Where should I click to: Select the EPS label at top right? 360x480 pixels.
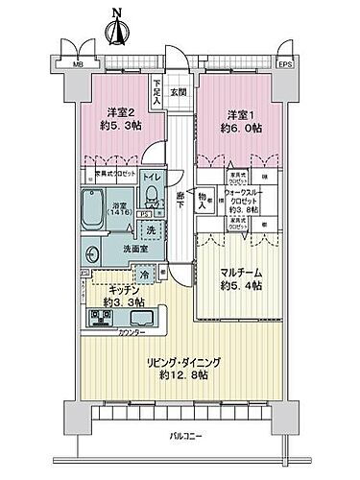coord(285,65)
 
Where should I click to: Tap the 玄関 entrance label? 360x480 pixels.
coord(178,92)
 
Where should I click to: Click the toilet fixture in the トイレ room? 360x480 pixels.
coord(151,199)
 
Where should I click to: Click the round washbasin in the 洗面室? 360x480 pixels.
coord(93,254)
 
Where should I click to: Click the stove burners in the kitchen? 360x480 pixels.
coord(99,318)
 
